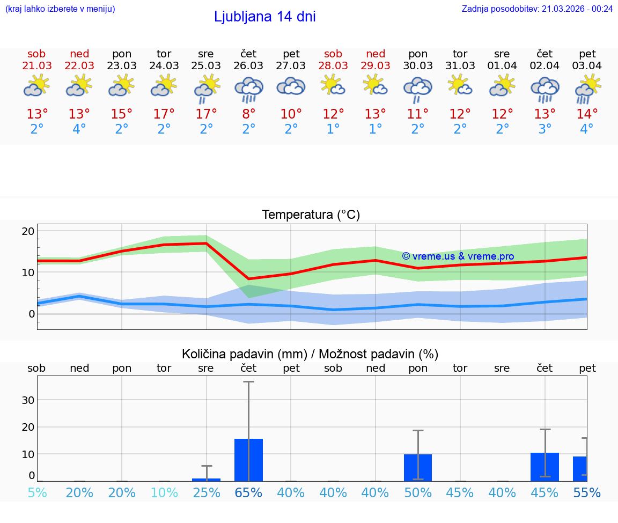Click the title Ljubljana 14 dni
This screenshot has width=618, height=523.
[x=264, y=17]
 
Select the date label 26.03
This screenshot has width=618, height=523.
[x=248, y=65]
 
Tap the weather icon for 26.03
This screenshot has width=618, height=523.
[x=248, y=89]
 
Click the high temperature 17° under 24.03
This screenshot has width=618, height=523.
[x=164, y=114]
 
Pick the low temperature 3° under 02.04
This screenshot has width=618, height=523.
[x=545, y=129]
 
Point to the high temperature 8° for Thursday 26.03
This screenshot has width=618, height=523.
[x=248, y=114]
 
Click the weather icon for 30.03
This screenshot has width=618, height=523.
[x=418, y=89]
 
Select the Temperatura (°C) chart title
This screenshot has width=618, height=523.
[x=311, y=215]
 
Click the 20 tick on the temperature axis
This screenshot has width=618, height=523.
[x=28, y=231]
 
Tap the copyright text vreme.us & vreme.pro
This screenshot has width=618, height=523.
[x=458, y=256]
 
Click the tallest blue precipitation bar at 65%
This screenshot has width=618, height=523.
[x=248, y=460]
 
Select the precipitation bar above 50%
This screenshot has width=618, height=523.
[x=418, y=467]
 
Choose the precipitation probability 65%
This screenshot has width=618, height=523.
[x=248, y=492]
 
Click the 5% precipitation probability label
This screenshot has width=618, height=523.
[x=37, y=492]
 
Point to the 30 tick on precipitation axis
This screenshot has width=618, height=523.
[x=28, y=400]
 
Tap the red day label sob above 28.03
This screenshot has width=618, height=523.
[x=333, y=54]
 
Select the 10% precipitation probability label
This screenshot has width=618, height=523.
[x=164, y=492]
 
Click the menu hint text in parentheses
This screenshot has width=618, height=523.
[x=60, y=9]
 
